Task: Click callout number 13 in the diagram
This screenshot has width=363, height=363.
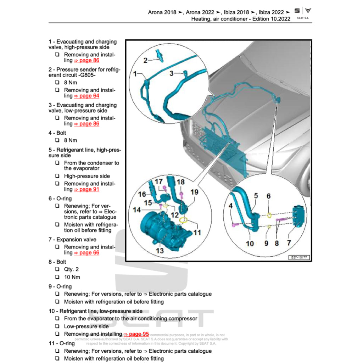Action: (160, 251)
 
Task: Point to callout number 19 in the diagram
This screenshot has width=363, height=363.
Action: (194, 192)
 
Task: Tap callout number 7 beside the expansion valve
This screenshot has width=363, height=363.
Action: (289, 243)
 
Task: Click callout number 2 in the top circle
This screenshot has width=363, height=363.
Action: (145, 61)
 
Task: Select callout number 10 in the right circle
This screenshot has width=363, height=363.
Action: (250, 244)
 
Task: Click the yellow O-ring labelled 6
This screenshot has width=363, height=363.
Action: (269, 215)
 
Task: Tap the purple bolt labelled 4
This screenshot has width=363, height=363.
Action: (234, 224)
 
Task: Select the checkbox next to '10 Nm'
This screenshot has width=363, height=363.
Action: (57, 277)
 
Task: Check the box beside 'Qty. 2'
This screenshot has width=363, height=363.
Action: (57, 269)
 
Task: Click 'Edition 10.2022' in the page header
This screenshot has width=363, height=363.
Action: (271, 19)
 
